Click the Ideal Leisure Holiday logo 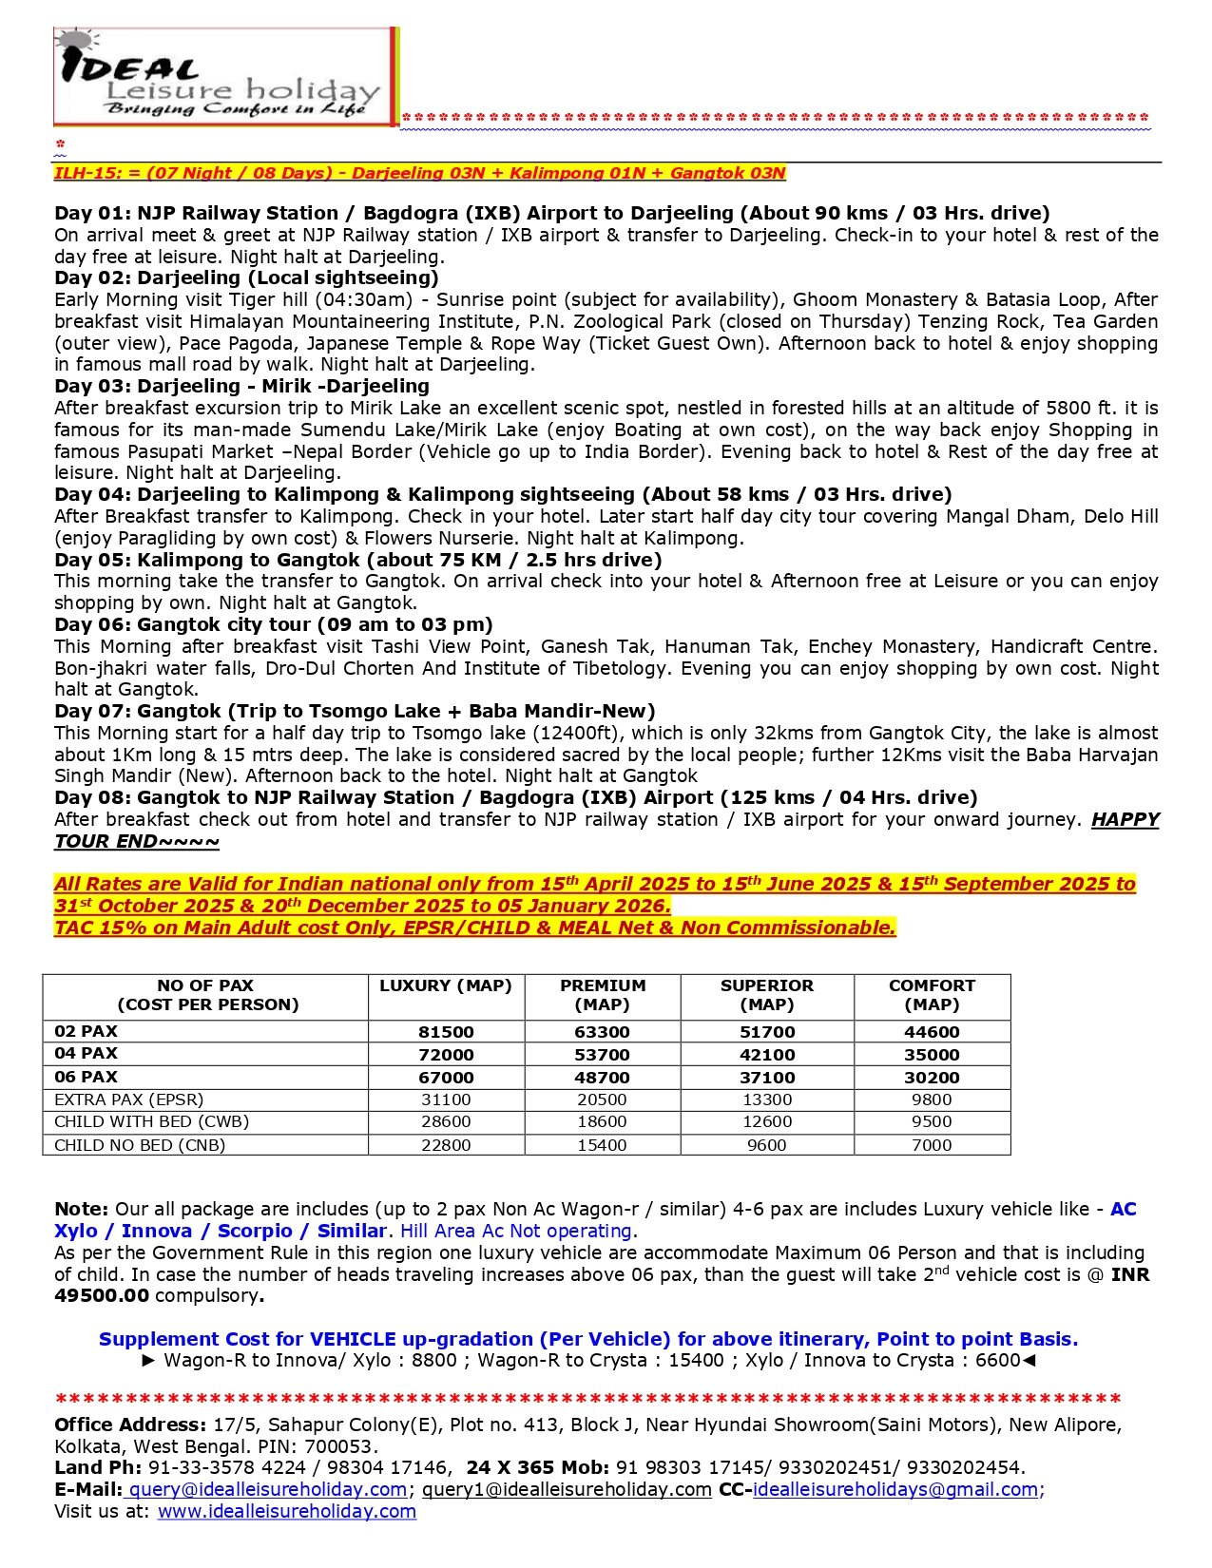(223, 77)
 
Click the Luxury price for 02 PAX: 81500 (446, 1032)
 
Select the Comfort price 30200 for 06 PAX (932, 1078)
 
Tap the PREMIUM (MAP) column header (603, 995)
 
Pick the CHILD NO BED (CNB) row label (140, 1145)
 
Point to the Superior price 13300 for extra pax (766, 1100)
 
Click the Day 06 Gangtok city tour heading (274, 624)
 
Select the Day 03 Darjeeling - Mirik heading (241, 386)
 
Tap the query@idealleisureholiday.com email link (268, 1489)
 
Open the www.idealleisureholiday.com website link (287, 1511)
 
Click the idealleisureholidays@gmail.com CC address (895, 1489)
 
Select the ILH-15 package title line (419, 173)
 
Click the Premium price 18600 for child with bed (602, 1121)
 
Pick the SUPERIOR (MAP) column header (766, 995)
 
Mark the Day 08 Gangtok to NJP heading (515, 797)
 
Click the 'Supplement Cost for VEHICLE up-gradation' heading (588, 1339)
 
